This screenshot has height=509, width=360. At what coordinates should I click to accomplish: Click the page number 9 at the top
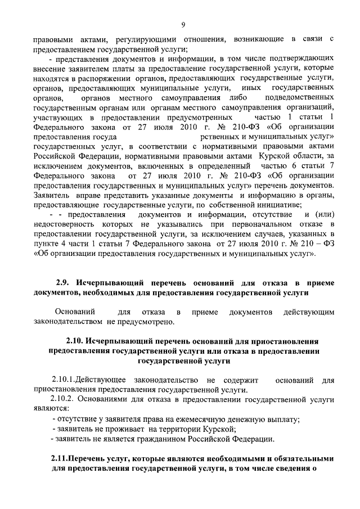(183, 23)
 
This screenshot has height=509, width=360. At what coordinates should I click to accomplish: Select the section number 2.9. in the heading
(64, 282)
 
